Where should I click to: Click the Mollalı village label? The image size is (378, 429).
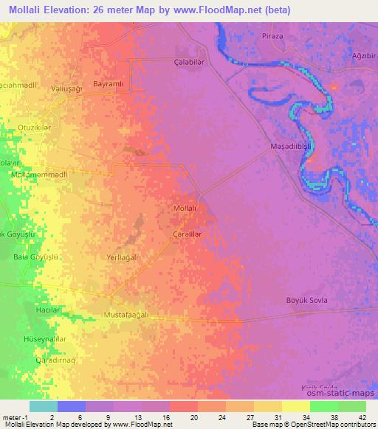184,209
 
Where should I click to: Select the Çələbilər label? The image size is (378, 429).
188,62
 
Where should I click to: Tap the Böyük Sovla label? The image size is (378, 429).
306,300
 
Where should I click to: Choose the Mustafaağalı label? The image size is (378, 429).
126,315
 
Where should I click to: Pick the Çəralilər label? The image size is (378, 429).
187,234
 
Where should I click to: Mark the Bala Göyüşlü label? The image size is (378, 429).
35,257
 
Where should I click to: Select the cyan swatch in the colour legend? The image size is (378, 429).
44,406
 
